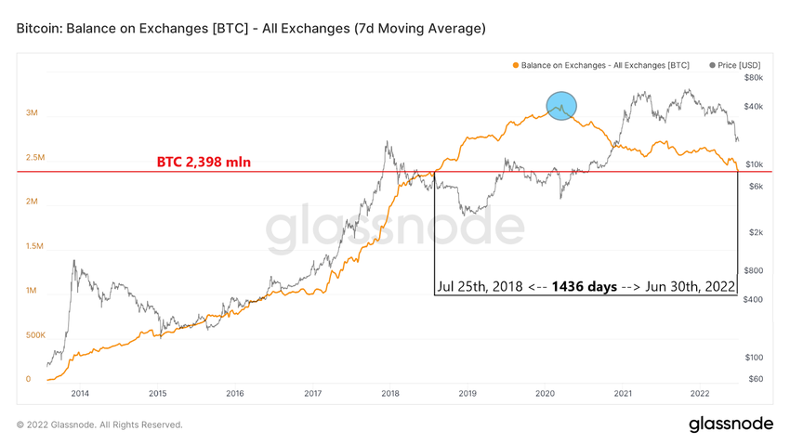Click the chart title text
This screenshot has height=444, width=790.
click(x=251, y=30)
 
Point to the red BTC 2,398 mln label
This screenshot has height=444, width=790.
click(x=204, y=163)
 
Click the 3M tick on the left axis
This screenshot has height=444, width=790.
click(x=32, y=113)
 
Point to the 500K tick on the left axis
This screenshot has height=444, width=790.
click(x=35, y=334)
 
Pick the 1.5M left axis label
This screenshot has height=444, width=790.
click(x=33, y=246)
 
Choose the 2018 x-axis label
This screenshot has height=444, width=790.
click(x=389, y=393)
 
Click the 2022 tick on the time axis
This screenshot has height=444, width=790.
click(x=700, y=393)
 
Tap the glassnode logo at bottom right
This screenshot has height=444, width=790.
click(x=731, y=424)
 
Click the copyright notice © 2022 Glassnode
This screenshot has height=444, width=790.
click(x=99, y=424)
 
